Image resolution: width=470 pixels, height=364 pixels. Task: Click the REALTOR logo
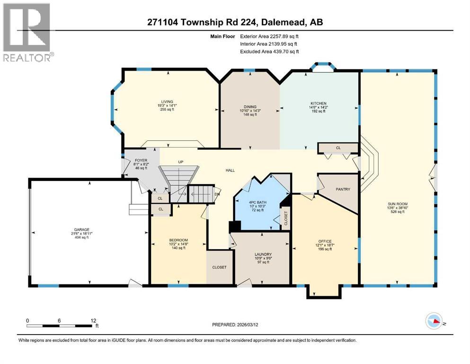[27, 32]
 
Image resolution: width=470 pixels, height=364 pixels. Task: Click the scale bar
[59, 324]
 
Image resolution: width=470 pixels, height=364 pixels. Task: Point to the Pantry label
[343, 190]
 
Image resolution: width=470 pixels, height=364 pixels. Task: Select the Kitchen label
[319, 103]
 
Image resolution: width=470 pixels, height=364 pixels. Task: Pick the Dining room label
[249, 107]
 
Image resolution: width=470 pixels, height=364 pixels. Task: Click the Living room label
[167, 101]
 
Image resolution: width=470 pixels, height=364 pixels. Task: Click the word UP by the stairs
[180, 162]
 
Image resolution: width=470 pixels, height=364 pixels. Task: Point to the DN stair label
[217, 193]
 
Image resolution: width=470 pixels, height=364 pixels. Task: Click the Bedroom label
[178, 240]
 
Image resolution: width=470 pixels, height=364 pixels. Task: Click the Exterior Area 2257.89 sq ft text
[269, 36]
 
